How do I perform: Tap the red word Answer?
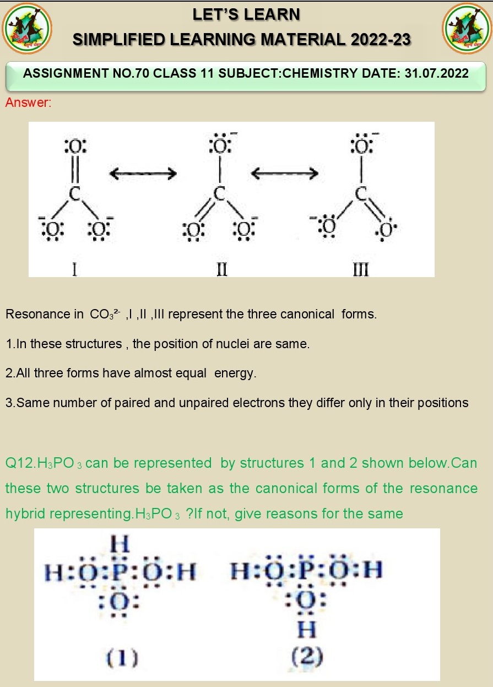pos(28,102)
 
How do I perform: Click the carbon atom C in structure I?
pos(75,194)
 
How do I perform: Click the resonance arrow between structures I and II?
pos(143,174)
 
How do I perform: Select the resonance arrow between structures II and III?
pos(284,174)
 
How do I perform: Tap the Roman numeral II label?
pos(222,270)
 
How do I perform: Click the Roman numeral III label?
pos(360,270)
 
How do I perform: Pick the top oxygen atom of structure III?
pos(361,147)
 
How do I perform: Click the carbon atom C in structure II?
pos(220,194)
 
